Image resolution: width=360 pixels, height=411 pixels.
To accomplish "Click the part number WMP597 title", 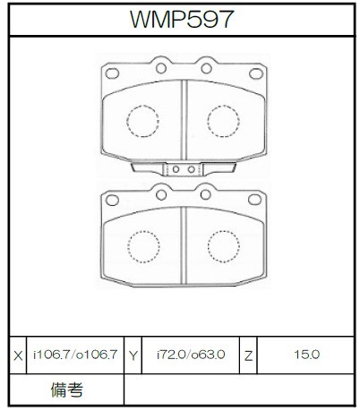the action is tap(181, 19).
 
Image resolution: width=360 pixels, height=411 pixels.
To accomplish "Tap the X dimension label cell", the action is tap(18, 355).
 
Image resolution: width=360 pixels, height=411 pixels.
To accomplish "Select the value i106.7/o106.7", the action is tap(75, 355).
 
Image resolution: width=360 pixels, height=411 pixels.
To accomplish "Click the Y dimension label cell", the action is tap(133, 355).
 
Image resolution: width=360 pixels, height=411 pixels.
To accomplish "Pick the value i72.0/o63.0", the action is tap(191, 355).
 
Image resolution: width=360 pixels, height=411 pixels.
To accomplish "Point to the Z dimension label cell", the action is tap(248, 355).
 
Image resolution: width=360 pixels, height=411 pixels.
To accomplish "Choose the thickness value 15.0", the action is tap(306, 355).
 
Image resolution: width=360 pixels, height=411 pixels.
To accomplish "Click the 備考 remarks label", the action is tap(66, 390).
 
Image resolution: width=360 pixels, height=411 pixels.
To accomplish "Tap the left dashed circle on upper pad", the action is tap(142, 121).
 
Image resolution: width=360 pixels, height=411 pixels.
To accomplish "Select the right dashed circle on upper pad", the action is tap(223, 121).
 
